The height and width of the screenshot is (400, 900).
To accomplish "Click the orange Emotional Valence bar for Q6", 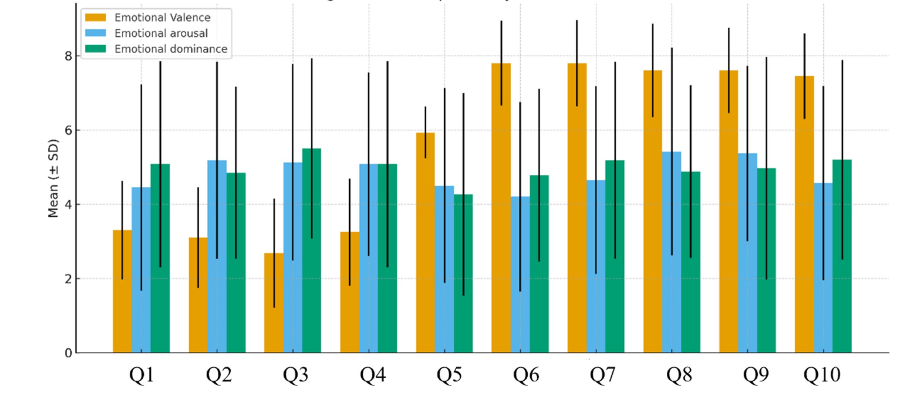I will [501, 213].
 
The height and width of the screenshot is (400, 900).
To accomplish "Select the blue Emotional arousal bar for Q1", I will [141, 273].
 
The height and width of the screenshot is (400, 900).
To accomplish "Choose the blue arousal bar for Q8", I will [671, 256].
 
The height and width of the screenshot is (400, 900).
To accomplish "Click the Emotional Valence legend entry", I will [162, 17].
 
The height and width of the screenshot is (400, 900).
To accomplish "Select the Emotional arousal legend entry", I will [161, 33].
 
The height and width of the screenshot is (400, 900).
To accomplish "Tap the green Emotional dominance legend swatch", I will [95, 49].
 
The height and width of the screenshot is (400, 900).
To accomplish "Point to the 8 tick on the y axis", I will [68, 56].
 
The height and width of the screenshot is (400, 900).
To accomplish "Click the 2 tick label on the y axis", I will [68, 279].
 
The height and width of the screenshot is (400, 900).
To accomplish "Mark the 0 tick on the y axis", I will [68, 353].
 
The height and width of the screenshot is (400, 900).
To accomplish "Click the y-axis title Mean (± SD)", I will [53, 178].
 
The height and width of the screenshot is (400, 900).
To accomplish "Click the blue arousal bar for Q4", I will [368, 260].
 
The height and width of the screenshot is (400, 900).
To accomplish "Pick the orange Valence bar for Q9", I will [728, 213].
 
